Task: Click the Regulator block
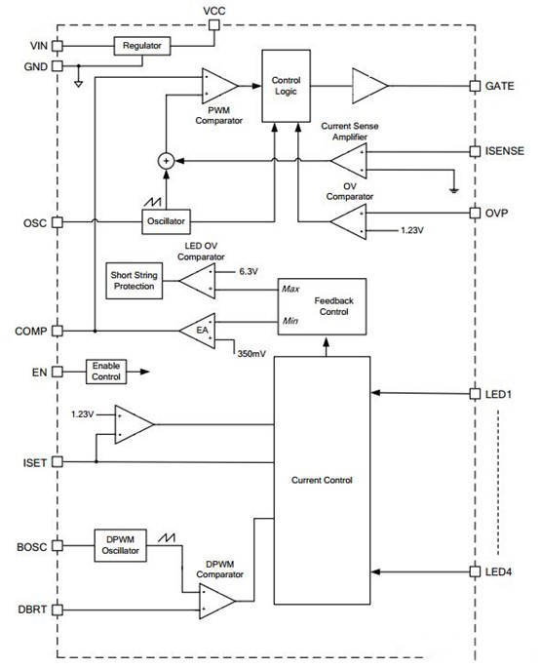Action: tap(142, 46)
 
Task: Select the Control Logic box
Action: tap(286, 86)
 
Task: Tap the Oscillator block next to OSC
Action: tap(166, 221)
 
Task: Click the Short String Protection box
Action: tap(135, 281)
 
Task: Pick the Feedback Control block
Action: tap(322, 307)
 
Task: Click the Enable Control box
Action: tap(106, 372)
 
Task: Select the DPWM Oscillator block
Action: tap(121, 546)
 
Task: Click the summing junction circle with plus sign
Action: tap(166, 161)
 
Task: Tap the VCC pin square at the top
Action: tap(213, 25)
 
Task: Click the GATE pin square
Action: tap(475, 86)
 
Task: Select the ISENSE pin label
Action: tap(505, 151)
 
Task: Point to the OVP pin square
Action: tap(475, 213)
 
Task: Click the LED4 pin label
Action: tap(498, 571)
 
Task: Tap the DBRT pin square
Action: tap(58, 610)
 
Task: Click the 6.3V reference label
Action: tap(249, 271)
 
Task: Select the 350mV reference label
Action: tap(251, 354)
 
